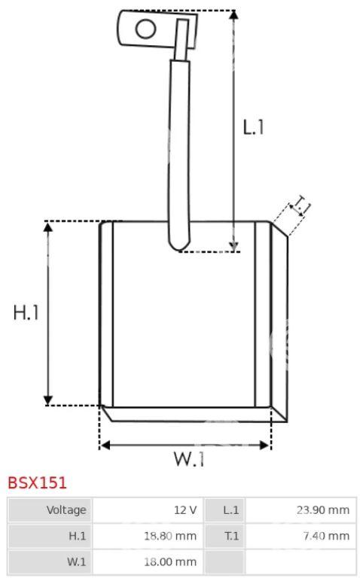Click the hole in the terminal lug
pos(145,29)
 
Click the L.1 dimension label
pos(253,127)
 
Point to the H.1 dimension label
pos(26,312)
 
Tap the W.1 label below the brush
pos(189,459)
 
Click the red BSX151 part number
pos(37,482)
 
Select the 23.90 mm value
pos(323,510)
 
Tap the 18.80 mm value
pos(170,536)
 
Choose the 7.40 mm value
pos(326,536)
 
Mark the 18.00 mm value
pos(170,561)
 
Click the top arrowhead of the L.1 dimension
pos(233,14)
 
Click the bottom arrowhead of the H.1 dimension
pos(48,400)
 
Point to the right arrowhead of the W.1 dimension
pos(265,446)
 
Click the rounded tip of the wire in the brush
pos(179,246)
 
